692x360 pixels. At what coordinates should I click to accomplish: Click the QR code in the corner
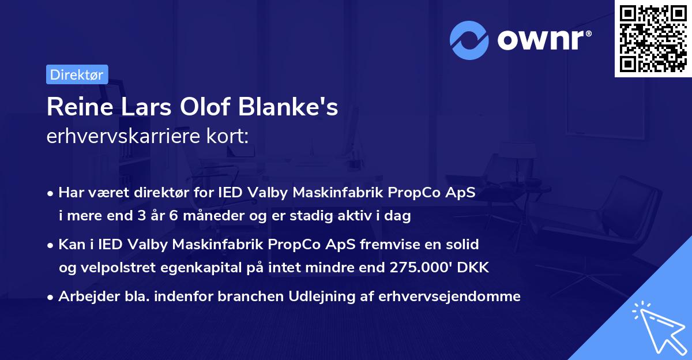click(x=653, y=38)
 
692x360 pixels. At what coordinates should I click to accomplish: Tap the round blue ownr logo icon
click(x=469, y=40)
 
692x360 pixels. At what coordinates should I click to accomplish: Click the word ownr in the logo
click(x=544, y=40)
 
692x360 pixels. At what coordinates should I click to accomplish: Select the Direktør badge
click(x=77, y=74)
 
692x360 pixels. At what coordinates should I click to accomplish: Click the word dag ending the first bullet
click(x=399, y=216)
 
